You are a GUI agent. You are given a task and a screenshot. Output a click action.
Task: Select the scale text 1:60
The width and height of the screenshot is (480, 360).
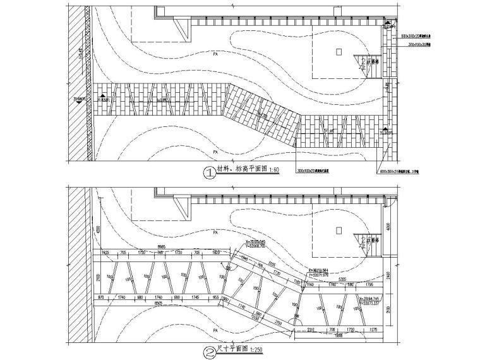[273, 170]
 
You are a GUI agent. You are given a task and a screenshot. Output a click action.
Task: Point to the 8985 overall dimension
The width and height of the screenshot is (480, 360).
[162, 247]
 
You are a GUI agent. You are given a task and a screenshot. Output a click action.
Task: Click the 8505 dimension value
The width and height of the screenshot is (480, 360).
[160, 303]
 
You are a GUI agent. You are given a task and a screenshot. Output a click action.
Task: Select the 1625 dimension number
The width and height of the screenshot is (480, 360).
[105, 253]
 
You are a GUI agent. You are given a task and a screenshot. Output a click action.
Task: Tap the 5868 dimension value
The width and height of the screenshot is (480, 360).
[339, 335]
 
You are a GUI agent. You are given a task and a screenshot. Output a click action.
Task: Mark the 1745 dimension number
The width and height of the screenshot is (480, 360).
[195, 297]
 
